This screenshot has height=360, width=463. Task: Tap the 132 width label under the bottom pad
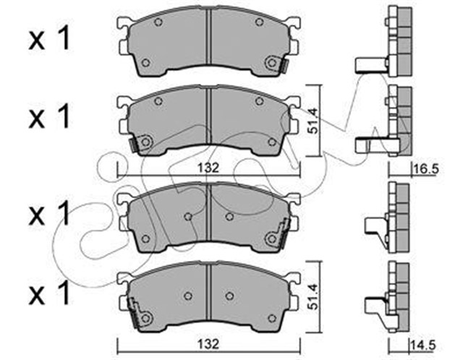[208, 340]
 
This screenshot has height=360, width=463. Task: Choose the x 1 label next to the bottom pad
[50, 294]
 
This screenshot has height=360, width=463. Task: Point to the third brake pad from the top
[208, 218]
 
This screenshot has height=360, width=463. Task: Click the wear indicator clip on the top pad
[283, 66]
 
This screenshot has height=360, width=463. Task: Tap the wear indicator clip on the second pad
[134, 145]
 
